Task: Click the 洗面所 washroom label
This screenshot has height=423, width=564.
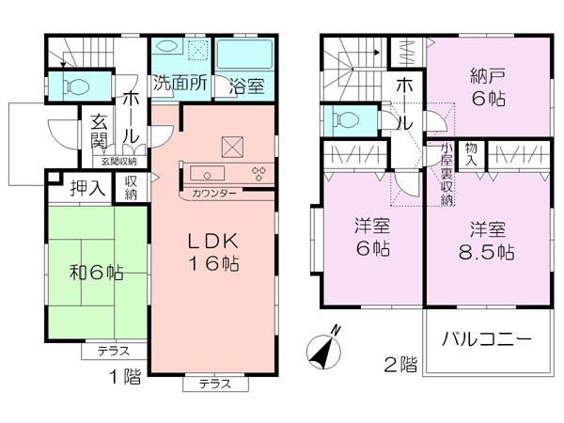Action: click(180, 83)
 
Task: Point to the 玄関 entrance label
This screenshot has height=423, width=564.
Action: click(100, 132)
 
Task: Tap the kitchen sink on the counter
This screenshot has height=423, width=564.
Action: click(205, 172)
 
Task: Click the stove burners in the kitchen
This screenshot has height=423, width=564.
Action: click(258, 172)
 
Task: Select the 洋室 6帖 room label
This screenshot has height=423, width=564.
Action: click(371, 237)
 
